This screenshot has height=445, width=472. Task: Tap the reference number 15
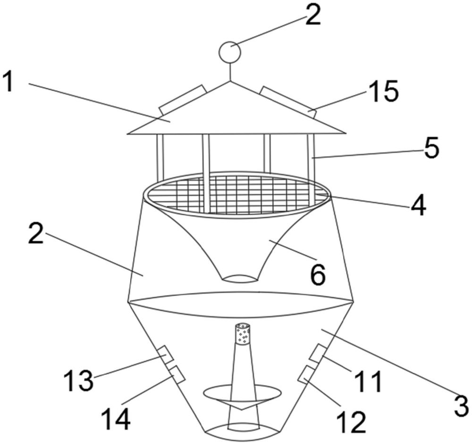point(383,91)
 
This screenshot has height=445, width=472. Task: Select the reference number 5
point(431,148)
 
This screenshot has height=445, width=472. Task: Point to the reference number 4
point(417,204)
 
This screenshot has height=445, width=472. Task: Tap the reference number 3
point(460,405)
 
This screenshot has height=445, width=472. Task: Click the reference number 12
point(352,421)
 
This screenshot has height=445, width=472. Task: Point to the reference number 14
point(115,418)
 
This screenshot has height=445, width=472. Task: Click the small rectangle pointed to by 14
point(176,375)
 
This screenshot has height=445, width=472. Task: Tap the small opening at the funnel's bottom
point(241,278)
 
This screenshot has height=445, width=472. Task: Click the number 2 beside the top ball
point(312,16)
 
